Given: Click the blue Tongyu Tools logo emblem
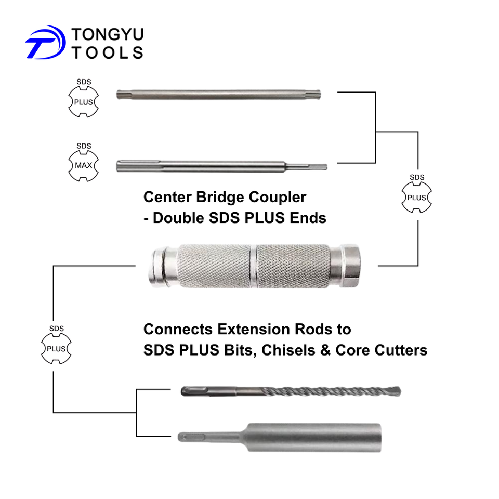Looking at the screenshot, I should pos(45,42).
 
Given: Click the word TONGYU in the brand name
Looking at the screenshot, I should pos(107,35).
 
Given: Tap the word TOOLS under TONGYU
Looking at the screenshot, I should pos(107,52).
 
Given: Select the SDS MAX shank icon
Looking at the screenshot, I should pos(83,166).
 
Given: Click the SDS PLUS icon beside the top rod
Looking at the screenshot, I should pos(83,102).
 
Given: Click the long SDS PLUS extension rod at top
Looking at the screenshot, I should pos(218,96).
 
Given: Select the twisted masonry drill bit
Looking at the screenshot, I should pos(291,391).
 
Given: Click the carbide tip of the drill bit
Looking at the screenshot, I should pos(397,390).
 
